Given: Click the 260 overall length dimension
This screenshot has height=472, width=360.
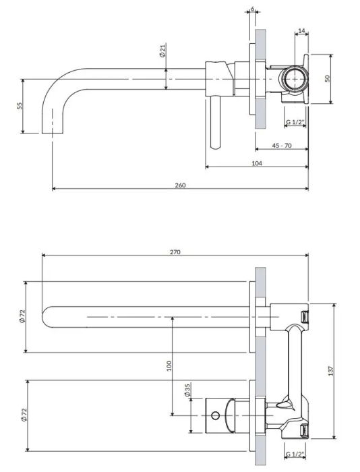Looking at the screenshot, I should pos(180,184).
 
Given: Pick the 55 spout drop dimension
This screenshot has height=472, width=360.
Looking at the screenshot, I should pos(20,106).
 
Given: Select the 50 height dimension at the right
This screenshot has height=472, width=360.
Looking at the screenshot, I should pos(327,78).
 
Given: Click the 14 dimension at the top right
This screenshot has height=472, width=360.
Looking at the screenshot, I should pos(301,32).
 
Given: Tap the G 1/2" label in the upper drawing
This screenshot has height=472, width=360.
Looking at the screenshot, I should pos(295,122).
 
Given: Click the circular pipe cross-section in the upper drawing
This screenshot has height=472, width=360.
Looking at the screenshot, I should pos(294,80).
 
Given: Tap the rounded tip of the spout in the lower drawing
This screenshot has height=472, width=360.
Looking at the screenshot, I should pos(47,316).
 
